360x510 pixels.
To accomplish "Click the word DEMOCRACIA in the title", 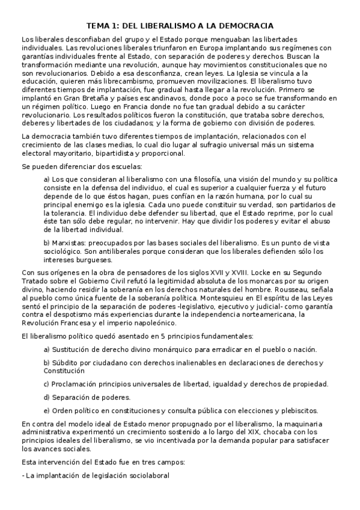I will click(x=245, y=26).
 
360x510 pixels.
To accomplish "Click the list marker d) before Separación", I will click(x=47, y=397).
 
